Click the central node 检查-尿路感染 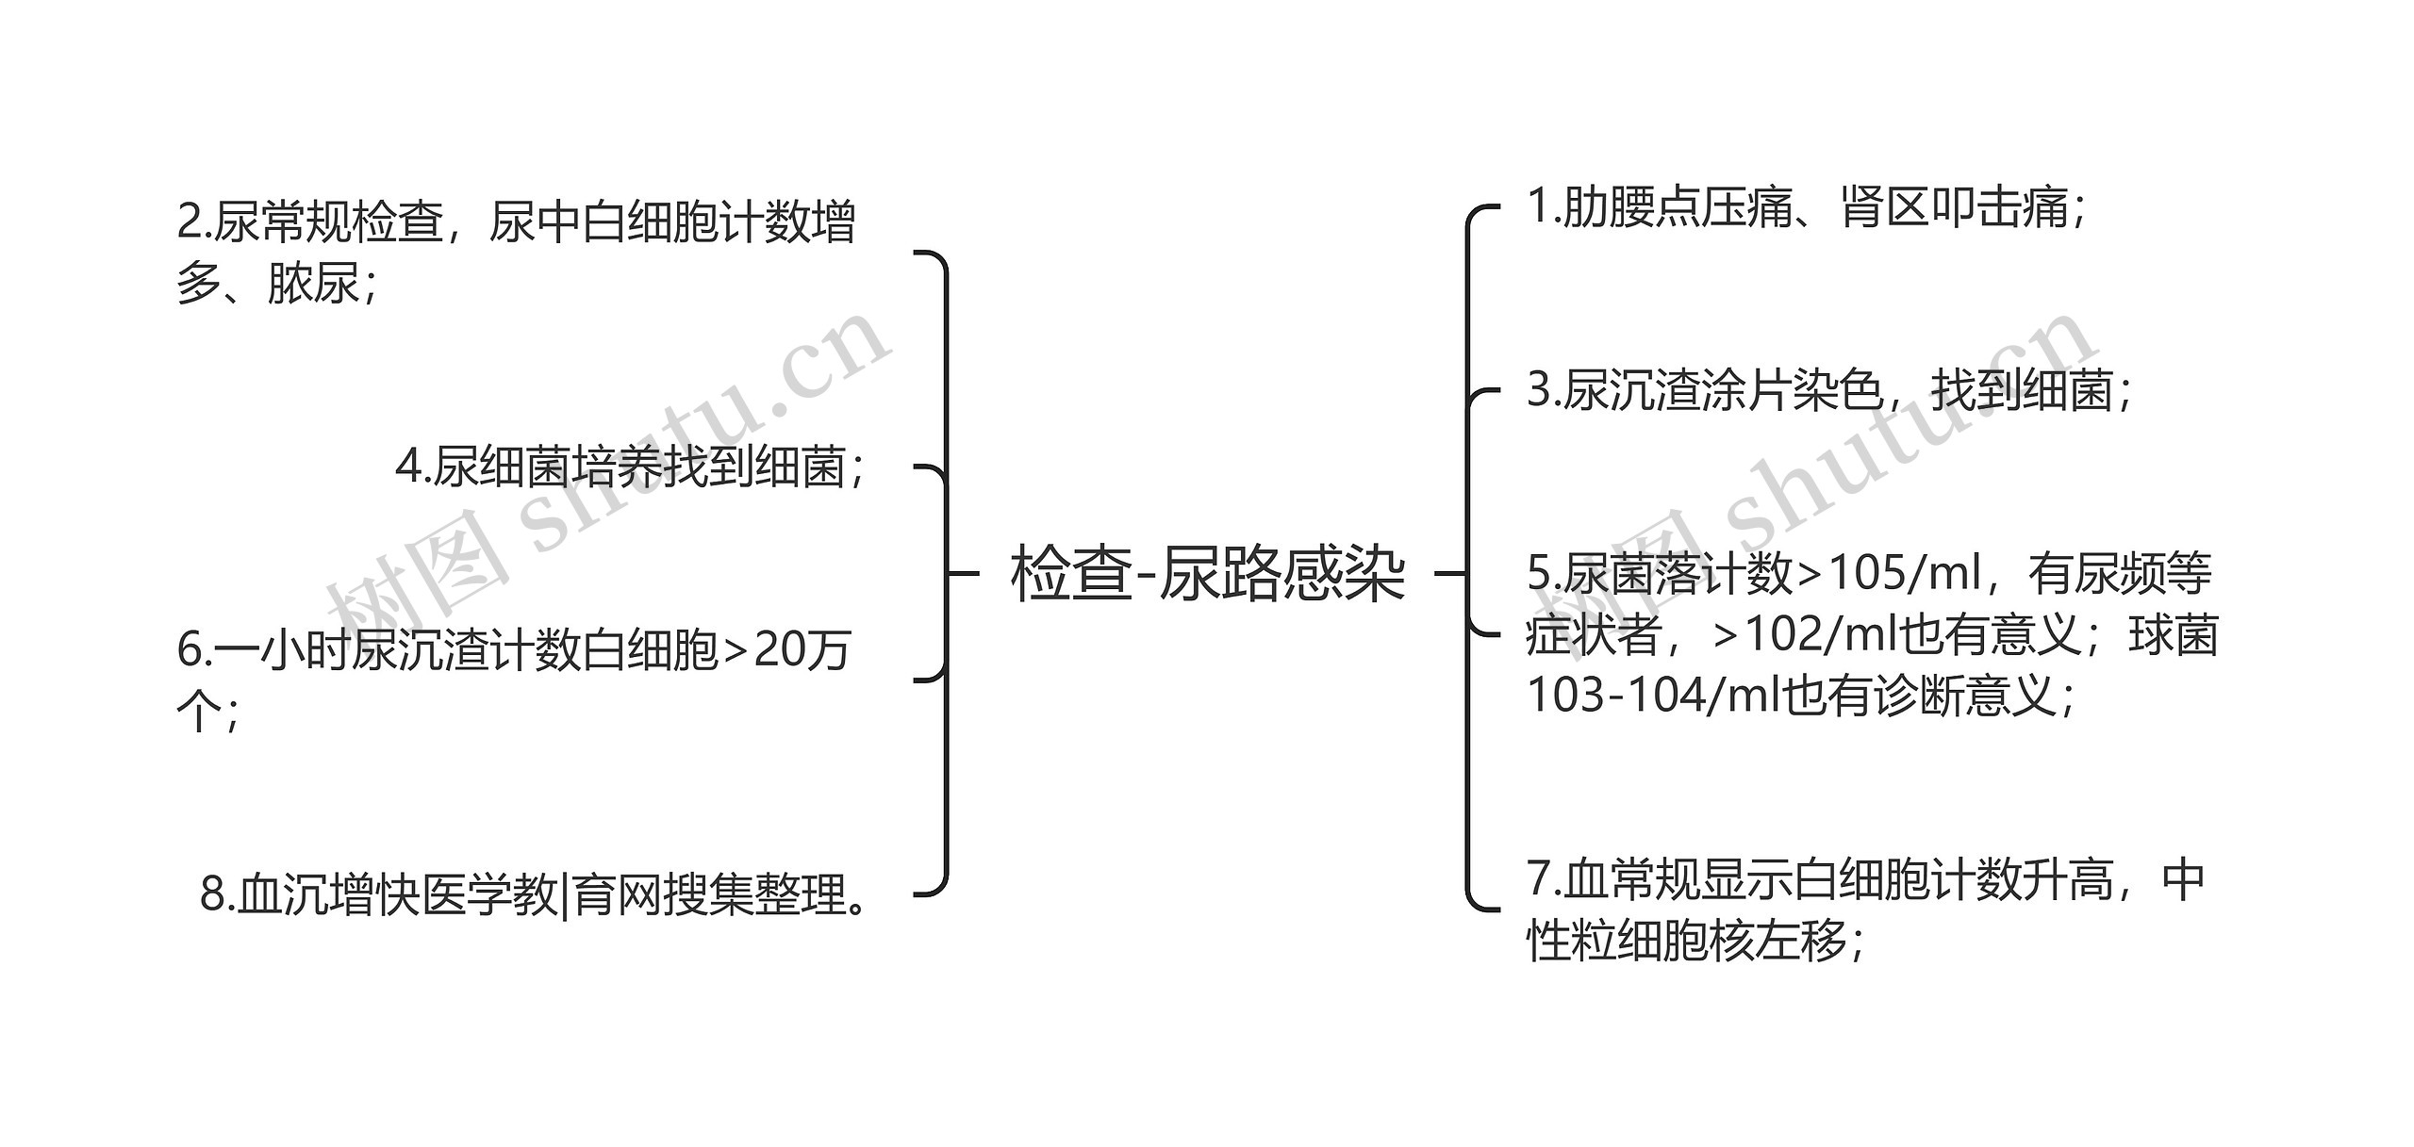[1206, 574]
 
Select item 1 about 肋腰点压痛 [1805, 207]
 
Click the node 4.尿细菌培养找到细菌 [629, 467]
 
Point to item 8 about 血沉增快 [533, 893]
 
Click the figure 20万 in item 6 [802, 649]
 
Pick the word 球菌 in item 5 [2173, 634]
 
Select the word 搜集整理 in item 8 [754, 893]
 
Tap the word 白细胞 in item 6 [650, 649]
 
